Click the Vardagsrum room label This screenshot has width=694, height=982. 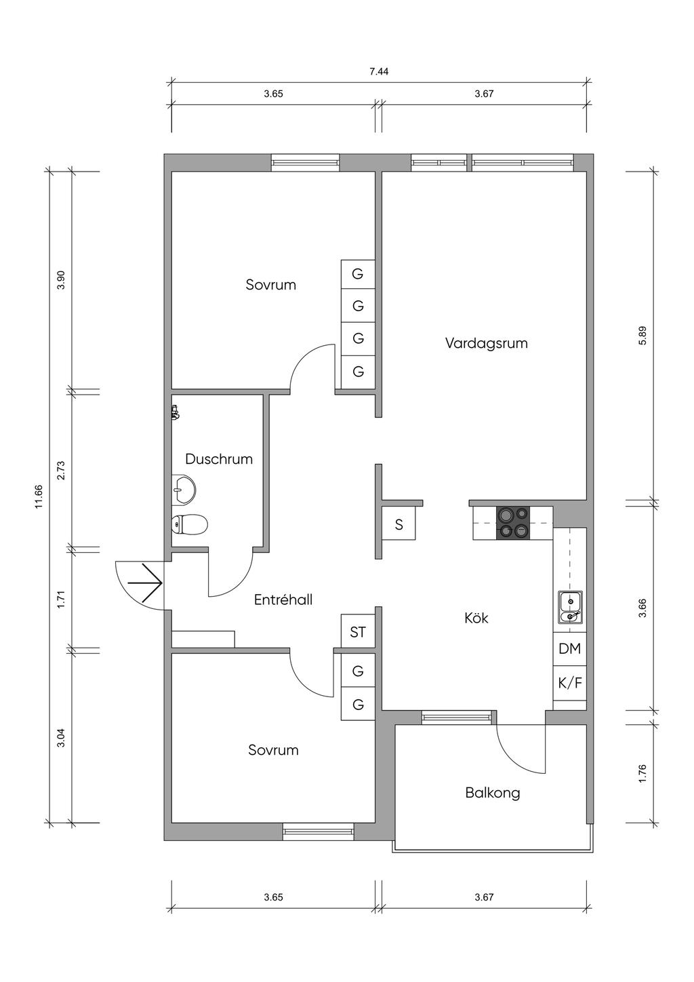coord(486,343)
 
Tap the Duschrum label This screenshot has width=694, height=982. coord(219,459)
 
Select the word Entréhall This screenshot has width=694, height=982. coord(283,600)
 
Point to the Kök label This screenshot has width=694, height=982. coord(476,618)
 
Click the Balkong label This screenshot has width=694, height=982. coord(493,792)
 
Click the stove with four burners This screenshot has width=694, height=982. coord(512,523)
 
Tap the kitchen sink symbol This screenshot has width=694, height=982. coord(569,607)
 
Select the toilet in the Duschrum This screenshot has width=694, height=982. coord(189,524)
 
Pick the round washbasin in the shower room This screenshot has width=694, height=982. coord(184,488)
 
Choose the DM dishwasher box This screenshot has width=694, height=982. coord(569,648)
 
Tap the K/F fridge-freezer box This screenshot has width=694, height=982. coord(569,683)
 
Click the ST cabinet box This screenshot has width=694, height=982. coord(358,632)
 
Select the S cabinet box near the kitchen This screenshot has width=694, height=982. coord(399,524)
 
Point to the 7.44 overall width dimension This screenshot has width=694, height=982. coord(379,71)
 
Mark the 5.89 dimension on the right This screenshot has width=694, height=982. coord(642,336)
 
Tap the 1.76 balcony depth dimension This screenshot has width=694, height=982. coord(642,773)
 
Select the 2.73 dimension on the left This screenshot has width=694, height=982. coord(61,470)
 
